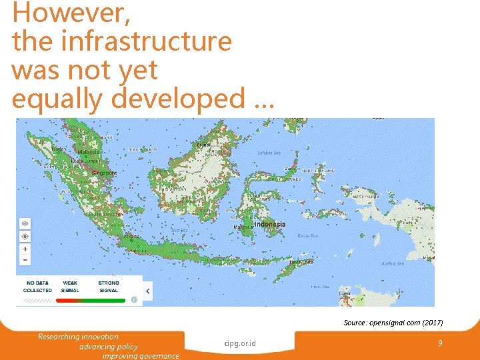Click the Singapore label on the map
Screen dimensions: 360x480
tap(105, 173)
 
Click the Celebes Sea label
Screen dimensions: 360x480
tap(269, 153)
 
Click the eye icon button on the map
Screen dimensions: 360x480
tap(25, 223)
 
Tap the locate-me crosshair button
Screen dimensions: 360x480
tap(25, 236)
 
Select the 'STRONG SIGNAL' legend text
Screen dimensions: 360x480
tap(109, 287)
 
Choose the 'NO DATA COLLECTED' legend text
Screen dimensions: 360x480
tap(37, 287)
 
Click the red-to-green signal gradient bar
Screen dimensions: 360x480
tap(90, 301)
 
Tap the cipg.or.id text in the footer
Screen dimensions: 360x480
tap(240, 344)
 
